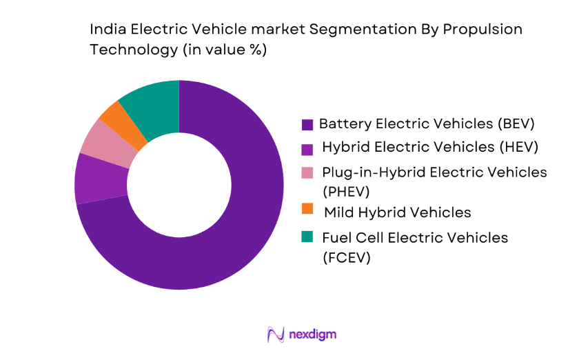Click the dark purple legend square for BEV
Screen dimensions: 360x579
[x=307, y=125]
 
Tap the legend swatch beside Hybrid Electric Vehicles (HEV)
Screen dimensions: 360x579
[x=307, y=147]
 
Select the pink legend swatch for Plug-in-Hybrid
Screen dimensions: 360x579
[x=307, y=172]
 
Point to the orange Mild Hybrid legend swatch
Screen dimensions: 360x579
[x=307, y=208]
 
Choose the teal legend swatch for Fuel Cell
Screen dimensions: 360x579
[x=307, y=237]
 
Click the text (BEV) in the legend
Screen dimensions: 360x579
[x=514, y=125]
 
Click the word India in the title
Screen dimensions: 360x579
[x=106, y=30]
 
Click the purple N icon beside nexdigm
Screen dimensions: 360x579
[x=276, y=334]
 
